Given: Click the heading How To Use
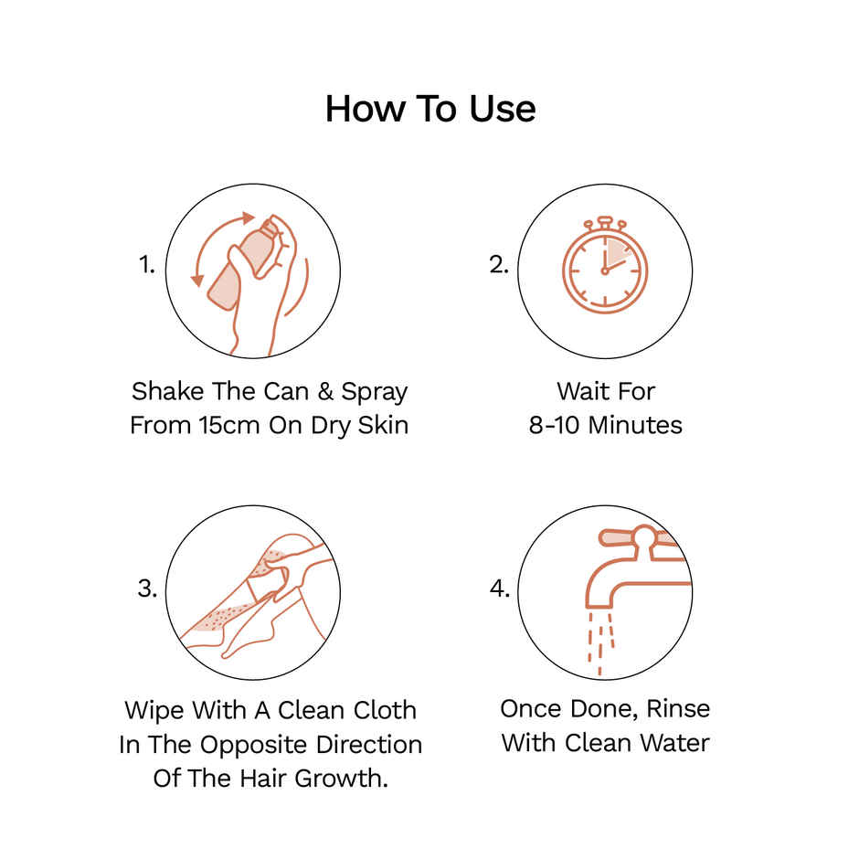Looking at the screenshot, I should [x=429, y=109].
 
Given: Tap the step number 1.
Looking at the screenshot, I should [x=147, y=266].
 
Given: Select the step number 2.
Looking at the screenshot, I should [x=499, y=266].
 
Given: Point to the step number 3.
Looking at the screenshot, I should [x=147, y=589].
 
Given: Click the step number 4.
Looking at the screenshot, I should [x=499, y=589].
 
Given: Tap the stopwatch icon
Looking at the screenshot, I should [x=604, y=266].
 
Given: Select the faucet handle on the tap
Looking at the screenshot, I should [x=631, y=539].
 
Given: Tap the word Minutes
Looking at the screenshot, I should [x=642, y=426].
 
